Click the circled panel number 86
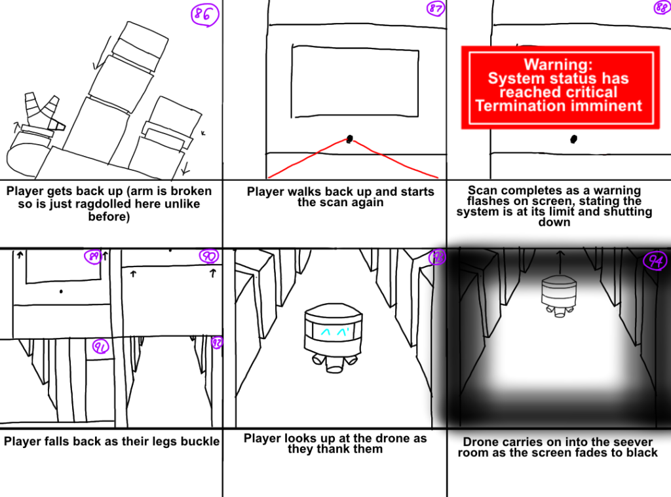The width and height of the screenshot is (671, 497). point(204,14)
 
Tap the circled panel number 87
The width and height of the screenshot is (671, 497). point(436,9)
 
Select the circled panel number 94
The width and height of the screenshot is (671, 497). point(655,260)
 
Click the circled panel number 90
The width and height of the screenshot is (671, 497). point(209,256)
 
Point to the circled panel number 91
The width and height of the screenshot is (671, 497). point(100,346)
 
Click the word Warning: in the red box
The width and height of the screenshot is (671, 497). point(558,65)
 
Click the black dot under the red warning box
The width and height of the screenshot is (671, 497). point(574,139)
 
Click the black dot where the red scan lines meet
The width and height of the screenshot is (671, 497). point(350,139)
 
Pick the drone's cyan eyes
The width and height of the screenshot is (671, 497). point(335,331)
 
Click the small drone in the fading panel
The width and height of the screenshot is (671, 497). point(559,295)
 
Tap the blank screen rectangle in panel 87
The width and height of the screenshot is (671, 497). point(355,80)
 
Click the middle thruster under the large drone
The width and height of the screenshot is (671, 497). point(334,363)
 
